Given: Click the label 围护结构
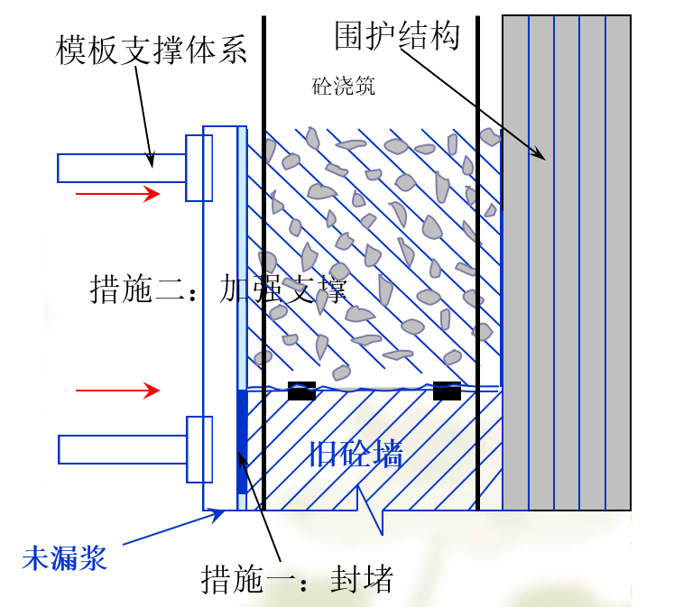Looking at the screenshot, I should (x=397, y=36).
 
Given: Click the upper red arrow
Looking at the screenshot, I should (x=117, y=192).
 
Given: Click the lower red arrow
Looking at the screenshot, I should (x=117, y=391).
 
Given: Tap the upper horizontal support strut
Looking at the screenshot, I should (x=122, y=168).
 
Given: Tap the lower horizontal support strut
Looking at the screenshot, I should (x=122, y=448).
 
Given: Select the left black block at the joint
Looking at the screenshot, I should (x=301, y=391).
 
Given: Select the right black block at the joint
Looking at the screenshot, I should (x=447, y=391).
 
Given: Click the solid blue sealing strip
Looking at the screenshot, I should (x=241, y=442).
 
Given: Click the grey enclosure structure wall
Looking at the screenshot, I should (x=566, y=262).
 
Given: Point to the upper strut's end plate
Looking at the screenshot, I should (x=199, y=168).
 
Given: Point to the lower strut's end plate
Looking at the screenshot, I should (x=199, y=448).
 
